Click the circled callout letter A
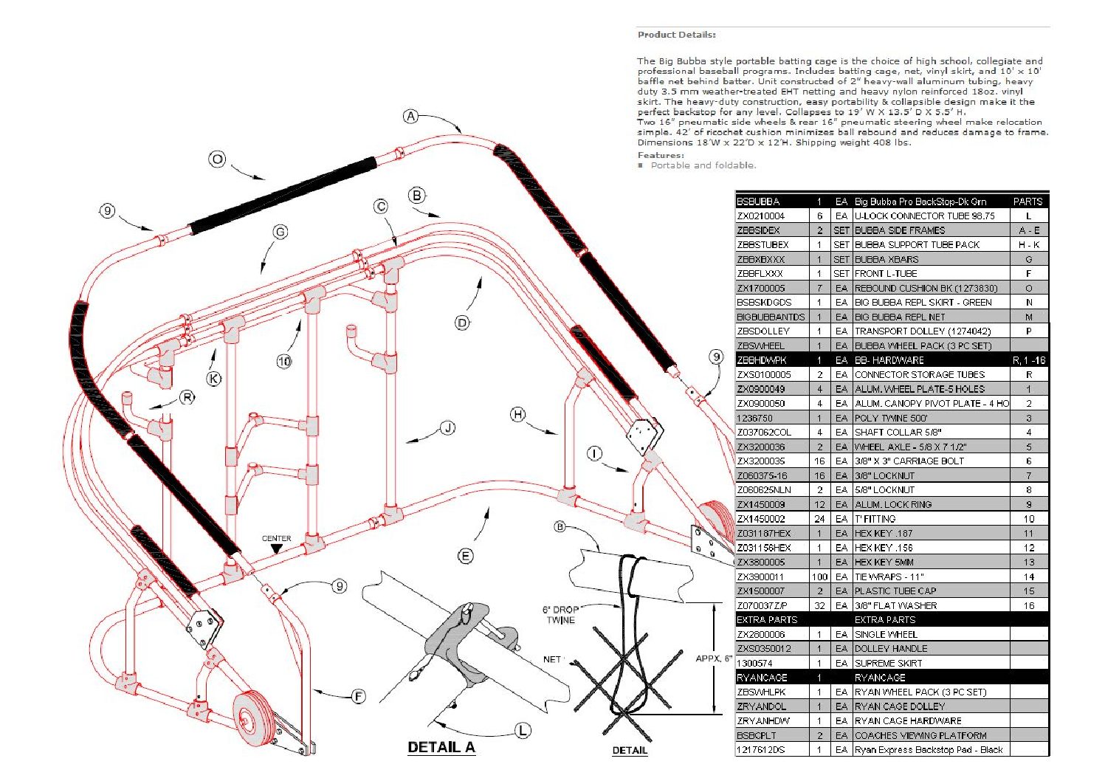click(x=411, y=116)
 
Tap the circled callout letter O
click(x=217, y=159)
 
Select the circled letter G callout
click(x=280, y=232)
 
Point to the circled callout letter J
click(x=447, y=428)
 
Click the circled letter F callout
click(x=359, y=696)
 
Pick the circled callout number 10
click(x=284, y=361)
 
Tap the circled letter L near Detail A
click(x=523, y=731)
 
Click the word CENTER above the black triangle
click(x=277, y=538)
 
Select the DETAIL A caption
click(x=441, y=747)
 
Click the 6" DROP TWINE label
click(x=560, y=615)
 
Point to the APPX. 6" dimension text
click(x=713, y=658)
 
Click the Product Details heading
click(x=676, y=35)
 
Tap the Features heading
click(x=661, y=155)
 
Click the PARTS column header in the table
click(x=1027, y=202)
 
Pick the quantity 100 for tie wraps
click(x=819, y=577)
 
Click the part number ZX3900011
click(x=761, y=577)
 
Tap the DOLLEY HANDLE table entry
click(x=891, y=649)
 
